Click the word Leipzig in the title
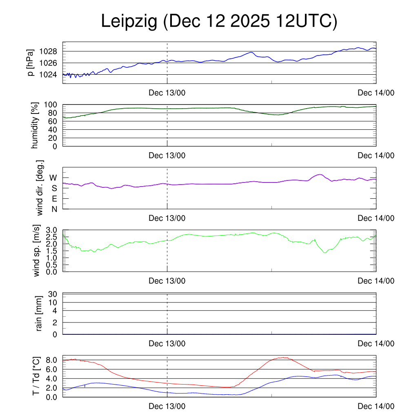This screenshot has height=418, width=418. (129, 22)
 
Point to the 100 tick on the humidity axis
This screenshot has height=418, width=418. (51, 104)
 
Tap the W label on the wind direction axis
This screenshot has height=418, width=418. (53, 178)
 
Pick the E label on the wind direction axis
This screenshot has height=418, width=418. (54, 199)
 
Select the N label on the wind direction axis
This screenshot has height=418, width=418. (54, 209)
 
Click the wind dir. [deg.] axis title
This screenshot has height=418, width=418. (40, 188)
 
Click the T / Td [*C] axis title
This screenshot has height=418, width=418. (36, 376)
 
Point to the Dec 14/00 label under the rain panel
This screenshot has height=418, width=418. (376, 344)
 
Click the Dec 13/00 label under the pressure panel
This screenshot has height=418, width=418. (167, 93)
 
